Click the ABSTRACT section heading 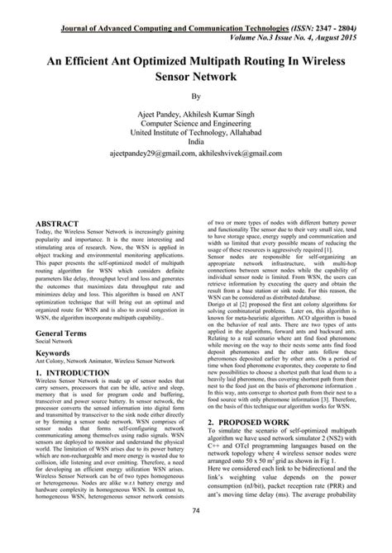tap(59, 224)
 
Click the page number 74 tap(196, 534)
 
